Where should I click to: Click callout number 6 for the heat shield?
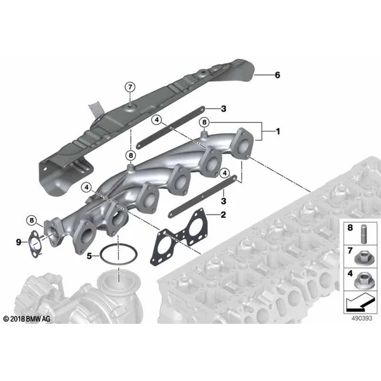277,75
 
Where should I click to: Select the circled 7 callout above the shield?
130,87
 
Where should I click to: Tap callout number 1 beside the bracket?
278,131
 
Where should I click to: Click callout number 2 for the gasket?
223,215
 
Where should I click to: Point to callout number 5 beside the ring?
90,256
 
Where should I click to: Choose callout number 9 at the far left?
18,242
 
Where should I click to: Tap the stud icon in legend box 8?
363,234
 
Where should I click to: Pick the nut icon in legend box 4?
364,281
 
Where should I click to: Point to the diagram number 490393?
362,318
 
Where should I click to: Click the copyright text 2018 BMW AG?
27,319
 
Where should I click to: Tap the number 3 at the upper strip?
224,109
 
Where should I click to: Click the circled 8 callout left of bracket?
204,123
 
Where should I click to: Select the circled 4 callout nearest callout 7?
157,119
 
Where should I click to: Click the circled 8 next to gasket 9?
31,220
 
